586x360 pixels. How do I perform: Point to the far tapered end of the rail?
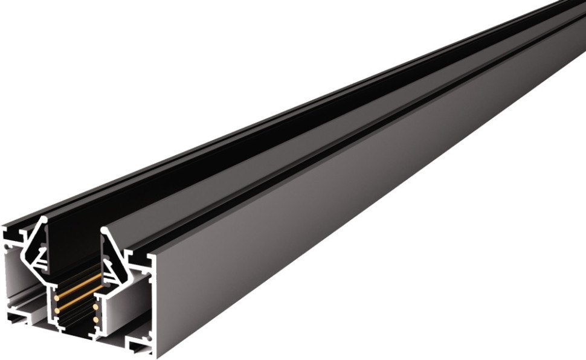pos(574,12)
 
